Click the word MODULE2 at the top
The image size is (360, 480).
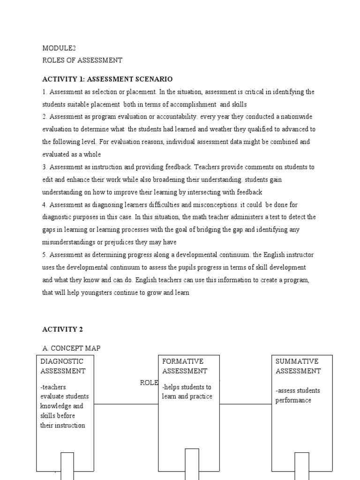coord(59,48)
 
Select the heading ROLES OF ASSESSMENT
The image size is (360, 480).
coord(82,60)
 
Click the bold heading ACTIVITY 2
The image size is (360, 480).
coord(62,330)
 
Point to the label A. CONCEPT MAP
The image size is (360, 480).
coord(71,348)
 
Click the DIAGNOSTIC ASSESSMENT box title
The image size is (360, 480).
coord(63,366)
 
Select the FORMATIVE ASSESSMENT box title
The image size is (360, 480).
coord(185,366)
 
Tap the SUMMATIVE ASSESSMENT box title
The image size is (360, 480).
coord(298,366)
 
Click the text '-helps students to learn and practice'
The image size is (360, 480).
coord(187,392)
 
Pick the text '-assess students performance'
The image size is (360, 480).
coord(298,395)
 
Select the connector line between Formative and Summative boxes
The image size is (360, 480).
coord(245,404)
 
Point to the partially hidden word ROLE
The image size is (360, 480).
coord(149,382)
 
